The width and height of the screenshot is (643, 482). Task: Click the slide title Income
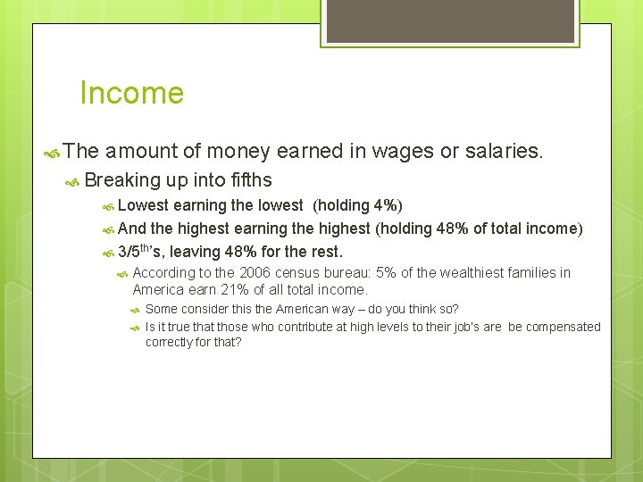point(131,93)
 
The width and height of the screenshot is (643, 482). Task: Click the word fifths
point(245,180)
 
